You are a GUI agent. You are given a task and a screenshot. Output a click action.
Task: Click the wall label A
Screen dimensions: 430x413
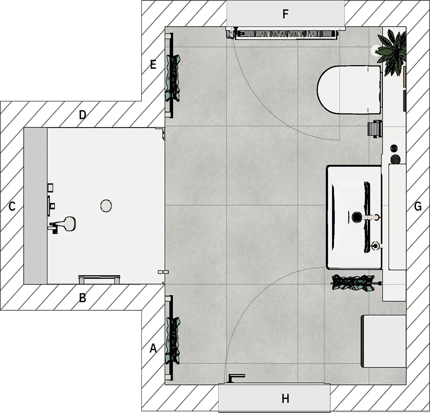tap(153, 349)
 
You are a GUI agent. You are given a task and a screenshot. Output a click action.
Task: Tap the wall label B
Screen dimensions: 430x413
tap(83, 298)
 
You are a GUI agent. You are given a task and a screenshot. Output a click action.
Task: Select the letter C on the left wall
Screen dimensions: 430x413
tap(12, 206)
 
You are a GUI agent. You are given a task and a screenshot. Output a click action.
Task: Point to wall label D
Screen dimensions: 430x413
tap(83, 115)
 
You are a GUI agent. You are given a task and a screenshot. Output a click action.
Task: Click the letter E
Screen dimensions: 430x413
tap(153, 64)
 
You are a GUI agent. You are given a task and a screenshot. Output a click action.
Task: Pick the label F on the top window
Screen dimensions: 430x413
tap(286, 14)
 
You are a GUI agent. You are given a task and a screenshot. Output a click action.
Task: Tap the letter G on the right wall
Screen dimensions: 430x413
tap(418, 206)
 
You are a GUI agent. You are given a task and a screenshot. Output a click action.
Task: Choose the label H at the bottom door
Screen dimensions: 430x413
tap(286, 399)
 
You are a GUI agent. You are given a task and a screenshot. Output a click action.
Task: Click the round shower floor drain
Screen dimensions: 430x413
tap(106, 205)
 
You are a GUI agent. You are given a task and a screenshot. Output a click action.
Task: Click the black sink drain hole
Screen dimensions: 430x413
tap(357, 217)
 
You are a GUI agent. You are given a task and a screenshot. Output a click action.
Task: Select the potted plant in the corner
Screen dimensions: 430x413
tap(391, 52)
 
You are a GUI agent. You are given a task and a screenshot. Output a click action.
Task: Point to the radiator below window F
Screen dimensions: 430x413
tap(286, 34)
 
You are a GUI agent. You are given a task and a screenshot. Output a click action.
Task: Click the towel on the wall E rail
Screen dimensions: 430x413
tap(173, 77)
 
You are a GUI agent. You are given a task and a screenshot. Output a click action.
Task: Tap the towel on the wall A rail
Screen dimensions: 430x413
tap(173, 341)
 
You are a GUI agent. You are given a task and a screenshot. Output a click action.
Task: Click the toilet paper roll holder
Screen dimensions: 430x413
tap(375, 129)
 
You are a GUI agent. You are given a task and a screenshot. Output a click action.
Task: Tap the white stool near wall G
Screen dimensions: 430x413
tap(384, 341)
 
